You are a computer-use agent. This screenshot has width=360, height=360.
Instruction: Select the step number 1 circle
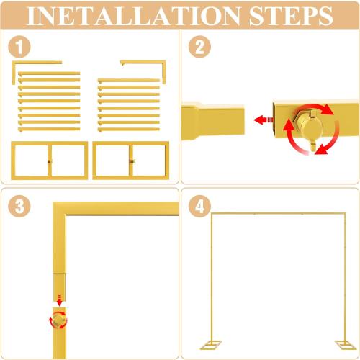pyautogui.click(x=19, y=49)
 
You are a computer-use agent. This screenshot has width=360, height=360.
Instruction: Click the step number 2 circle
pyautogui.click(x=199, y=49)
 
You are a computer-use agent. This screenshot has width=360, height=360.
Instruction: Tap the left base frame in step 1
pyautogui.click(x=49, y=159)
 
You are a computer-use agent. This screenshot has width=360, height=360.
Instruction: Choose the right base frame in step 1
pyautogui.click(x=131, y=159)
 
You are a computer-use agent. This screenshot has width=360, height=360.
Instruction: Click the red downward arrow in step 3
pyautogui.click(x=59, y=300)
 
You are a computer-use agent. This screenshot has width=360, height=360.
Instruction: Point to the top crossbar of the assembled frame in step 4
pyautogui.click(x=274, y=214)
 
